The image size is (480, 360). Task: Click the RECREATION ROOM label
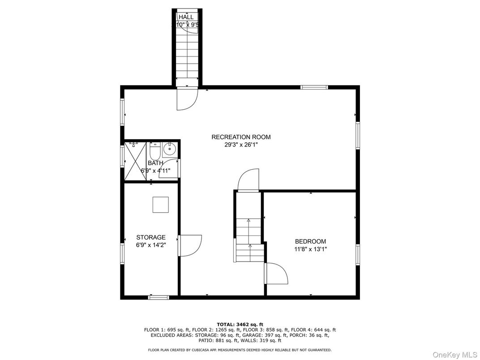(x=241, y=137)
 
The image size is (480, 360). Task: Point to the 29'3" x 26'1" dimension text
(x=241, y=145)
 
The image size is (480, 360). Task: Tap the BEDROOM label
(x=310, y=241)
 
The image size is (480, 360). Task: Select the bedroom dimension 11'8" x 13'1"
(x=310, y=249)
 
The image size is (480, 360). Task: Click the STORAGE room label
(x=151, y=237)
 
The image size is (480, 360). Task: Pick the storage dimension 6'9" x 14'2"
(x=151, y=245)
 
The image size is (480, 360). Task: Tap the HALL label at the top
(x=186, y=17)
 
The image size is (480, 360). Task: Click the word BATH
(x=155, y=163)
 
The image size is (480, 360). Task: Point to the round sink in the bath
(x=169, y=149)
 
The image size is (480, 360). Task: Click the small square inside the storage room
(x=160, y=205)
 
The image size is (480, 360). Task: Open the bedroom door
(x=275, y=273)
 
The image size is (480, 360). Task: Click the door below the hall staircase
(x=186, y=99)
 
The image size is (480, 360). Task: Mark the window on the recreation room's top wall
(x=314, y=87)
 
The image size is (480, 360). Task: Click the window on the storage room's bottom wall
(x=159, y=297)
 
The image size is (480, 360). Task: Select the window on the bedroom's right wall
(x=357, y=254)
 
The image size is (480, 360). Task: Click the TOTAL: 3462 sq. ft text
(x=240, y=324)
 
